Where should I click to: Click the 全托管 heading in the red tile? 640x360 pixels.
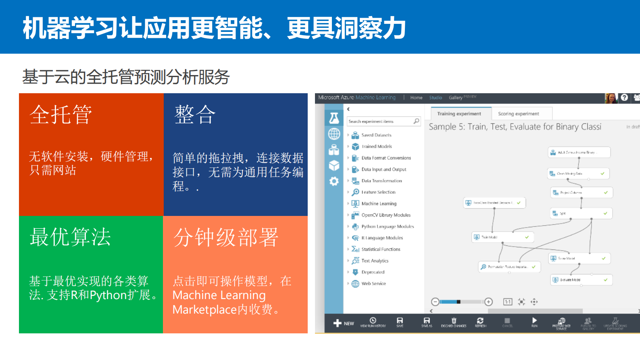[60, 115]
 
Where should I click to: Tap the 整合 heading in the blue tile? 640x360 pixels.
[195, 115]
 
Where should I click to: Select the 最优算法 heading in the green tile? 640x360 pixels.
[70, 237]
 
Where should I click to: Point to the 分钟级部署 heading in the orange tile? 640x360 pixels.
[225, 237]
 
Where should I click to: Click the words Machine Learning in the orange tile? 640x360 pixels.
[219, 295]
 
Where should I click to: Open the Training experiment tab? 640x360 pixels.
[459, 114]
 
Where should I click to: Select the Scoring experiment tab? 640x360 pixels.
[518, 114]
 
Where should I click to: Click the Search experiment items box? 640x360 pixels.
[381, 121]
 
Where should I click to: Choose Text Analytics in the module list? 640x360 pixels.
[375, 261]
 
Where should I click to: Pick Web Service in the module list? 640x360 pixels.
[373, 284]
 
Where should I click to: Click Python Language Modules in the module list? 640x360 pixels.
[387, 226]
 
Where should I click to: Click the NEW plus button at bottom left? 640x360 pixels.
[343, 323]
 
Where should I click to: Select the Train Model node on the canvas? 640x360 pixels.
[502, 237]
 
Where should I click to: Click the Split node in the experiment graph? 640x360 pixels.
[581, 213]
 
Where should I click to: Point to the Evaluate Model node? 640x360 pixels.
[581, 280]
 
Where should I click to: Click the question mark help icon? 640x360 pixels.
[624, 98]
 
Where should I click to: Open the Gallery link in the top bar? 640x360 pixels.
[455, 98]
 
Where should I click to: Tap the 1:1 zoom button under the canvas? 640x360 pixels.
[508, 302]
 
